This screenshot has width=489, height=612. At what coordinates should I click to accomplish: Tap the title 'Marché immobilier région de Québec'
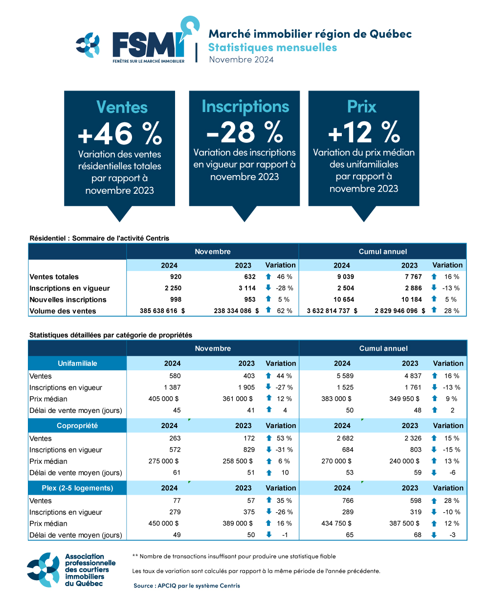click(x=310, y=34)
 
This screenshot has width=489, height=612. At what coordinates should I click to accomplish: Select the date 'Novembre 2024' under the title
click(x=241, y=60)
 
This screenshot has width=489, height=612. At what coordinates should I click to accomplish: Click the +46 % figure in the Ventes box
click(x=120, y=133)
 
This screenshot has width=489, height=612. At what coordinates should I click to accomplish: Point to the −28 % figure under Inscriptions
click(x=244, y=132)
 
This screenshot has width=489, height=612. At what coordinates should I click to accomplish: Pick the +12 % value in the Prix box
click(x=364, y=132)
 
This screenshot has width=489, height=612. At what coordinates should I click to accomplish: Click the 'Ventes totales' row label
click(x=54, y=277)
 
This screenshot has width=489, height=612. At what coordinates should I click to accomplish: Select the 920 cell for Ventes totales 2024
click(x=176, y=277)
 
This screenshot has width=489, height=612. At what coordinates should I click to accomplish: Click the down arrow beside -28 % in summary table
click(x=268, y=288)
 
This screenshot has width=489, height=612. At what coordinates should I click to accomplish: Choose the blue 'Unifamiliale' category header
click(x=77, y=363)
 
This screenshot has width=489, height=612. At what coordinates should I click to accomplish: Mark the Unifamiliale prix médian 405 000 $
click(x=163, y=399)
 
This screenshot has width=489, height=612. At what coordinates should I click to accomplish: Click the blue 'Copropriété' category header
click(x=77, y=426)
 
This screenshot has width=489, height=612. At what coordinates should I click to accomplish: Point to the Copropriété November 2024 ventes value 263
click(x=175, y=438)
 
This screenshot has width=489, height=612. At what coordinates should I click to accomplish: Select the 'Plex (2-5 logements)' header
click(x=77, y=488)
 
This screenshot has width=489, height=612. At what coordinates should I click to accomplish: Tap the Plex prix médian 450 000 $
click(x=163, y=523)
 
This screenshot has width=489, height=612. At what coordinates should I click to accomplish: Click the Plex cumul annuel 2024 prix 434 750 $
click(x=336, y=523)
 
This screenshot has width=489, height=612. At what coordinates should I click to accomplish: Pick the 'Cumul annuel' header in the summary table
click(x=382, y=251)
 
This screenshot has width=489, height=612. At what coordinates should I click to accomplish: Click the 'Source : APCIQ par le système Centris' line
click(x=187, y=586)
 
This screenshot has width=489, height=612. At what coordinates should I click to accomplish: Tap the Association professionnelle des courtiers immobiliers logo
click(x=71, y=570)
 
